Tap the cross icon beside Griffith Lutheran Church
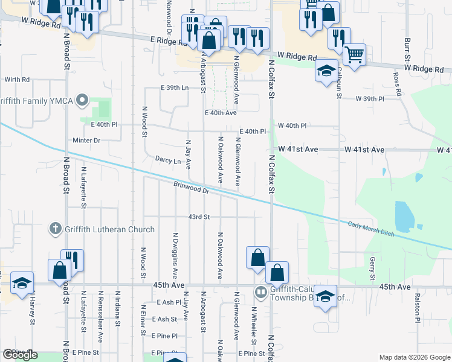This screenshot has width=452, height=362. point(55,229)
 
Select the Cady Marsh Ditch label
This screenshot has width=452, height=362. point(371,229)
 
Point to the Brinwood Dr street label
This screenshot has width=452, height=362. point(190,189)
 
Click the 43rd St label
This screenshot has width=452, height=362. point(199,217)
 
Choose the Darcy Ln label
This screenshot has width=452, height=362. point(168,161)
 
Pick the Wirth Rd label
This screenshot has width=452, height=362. point(17,79)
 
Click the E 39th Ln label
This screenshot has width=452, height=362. point(175,88)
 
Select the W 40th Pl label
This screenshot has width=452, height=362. point(292,125)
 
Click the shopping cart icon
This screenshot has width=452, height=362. point(354,56)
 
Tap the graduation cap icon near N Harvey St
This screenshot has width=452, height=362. point(22,282)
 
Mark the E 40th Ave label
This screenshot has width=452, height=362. point(221,113)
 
